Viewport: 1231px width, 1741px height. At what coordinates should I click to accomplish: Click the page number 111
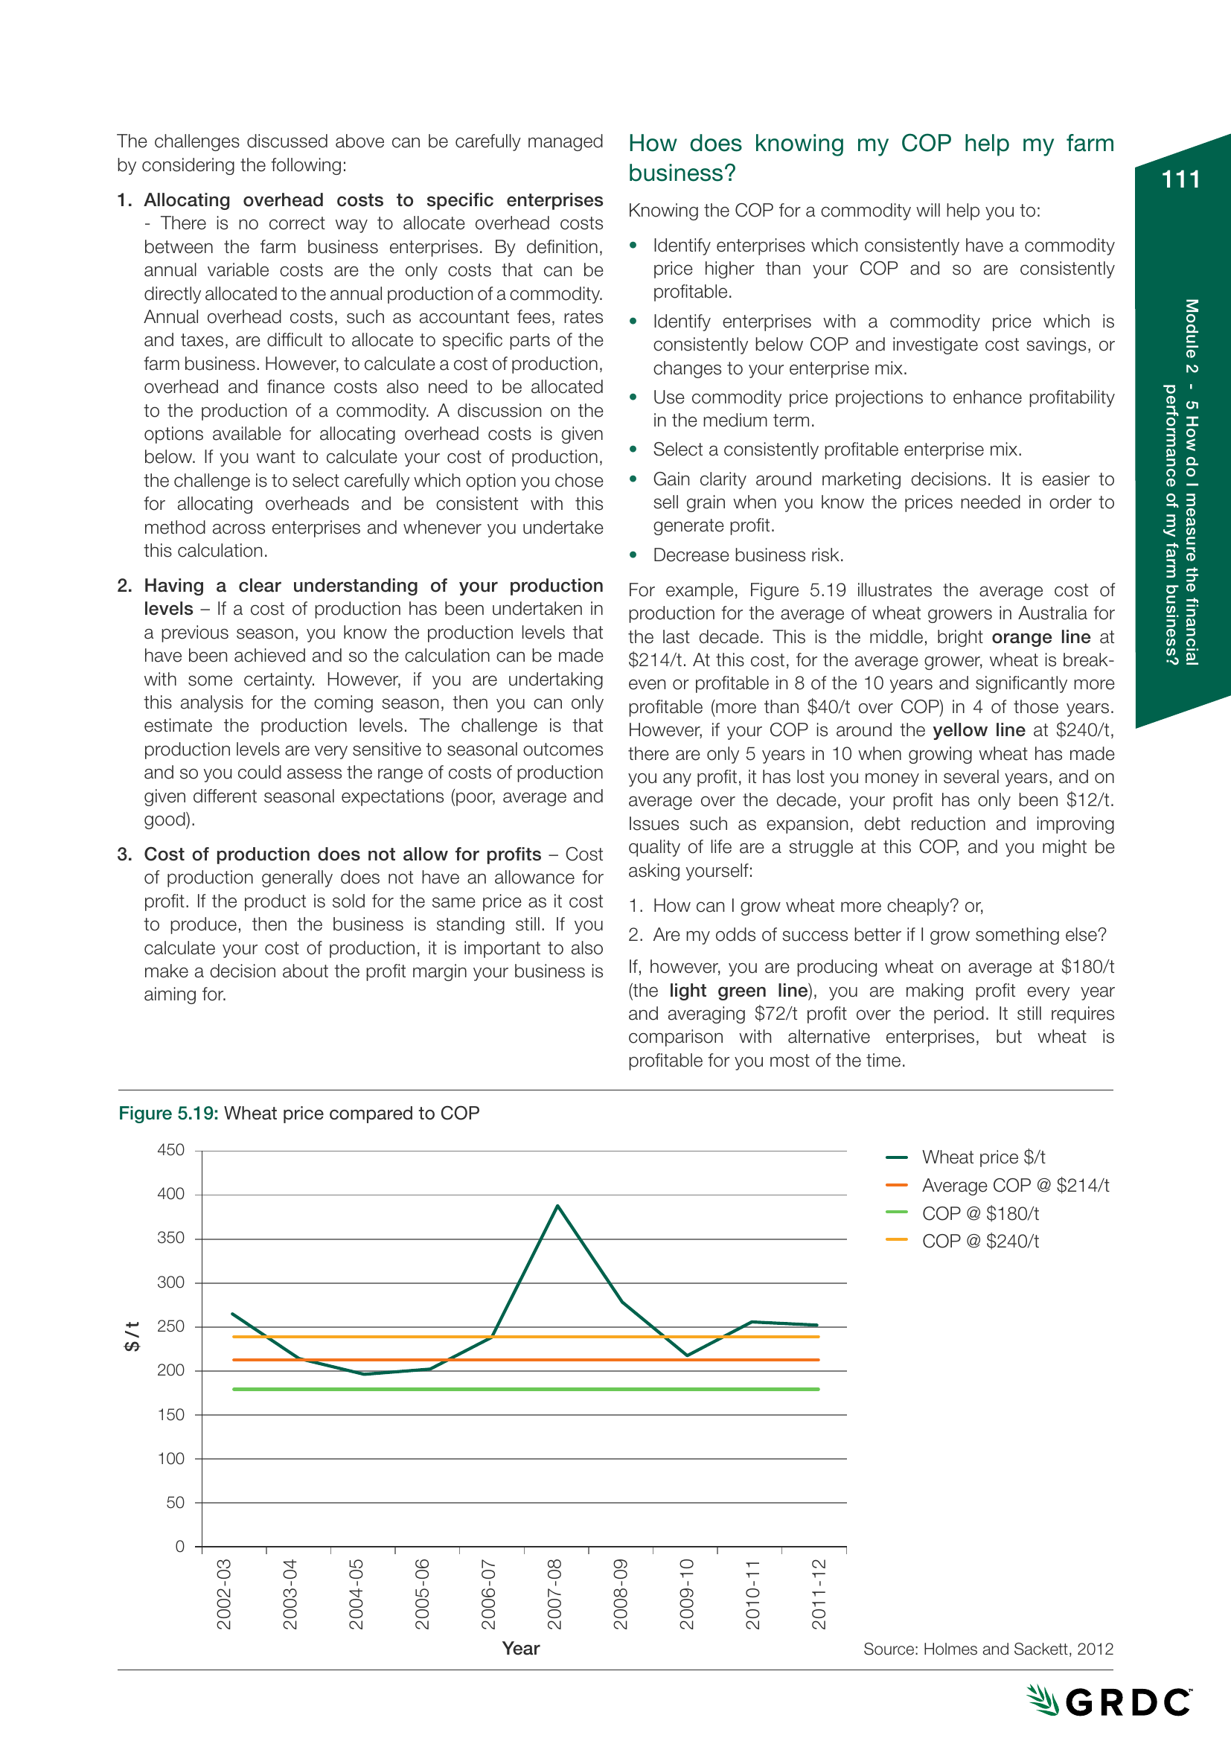(1180, 179)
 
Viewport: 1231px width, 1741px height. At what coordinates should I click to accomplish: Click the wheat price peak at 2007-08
(557, 1206)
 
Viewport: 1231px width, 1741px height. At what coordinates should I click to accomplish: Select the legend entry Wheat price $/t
(982, 1157)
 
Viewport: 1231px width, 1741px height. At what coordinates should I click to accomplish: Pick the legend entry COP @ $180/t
(979, 1213)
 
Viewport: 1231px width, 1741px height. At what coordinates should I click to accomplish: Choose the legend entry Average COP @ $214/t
(1014, 1185)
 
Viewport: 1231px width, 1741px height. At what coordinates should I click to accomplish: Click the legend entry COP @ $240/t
(979, 1242)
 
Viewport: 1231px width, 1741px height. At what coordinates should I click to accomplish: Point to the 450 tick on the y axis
(170, 1150)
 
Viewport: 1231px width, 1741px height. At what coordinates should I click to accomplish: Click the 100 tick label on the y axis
(170, 1459)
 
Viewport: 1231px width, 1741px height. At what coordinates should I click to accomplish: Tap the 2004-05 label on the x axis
(356, 1594)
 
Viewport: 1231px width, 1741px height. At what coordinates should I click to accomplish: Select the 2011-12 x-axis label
(818, 1594)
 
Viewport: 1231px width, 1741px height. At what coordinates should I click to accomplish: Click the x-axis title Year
(521, 1649)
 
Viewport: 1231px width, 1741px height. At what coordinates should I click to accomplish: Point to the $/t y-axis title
(132, 1335)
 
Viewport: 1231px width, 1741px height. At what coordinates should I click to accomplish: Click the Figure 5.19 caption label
(168, 1113)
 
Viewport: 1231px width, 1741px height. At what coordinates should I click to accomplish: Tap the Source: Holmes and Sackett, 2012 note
(988, 1649)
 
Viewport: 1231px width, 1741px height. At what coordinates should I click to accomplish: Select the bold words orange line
(1040, 637)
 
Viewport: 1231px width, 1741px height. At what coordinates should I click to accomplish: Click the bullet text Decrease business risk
(747, 555)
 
